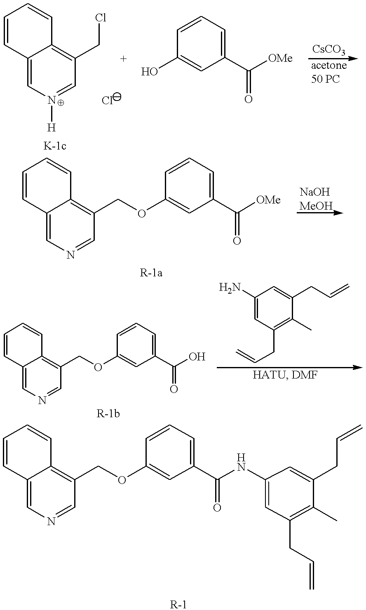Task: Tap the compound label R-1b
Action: tap(108, 414)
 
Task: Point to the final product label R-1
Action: tap(178, 604)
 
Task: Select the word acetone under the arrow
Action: tap(329, 65)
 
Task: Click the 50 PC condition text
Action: tap(326, 79)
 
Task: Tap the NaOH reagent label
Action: tap(315, 192)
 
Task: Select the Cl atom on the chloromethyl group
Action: tap(101, 18)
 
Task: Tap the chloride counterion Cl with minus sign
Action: tap(111, 100)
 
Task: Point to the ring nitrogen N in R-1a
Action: tap(70, 256)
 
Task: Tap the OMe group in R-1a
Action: tap(268, 200)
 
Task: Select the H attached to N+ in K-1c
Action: tap(52, 128)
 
